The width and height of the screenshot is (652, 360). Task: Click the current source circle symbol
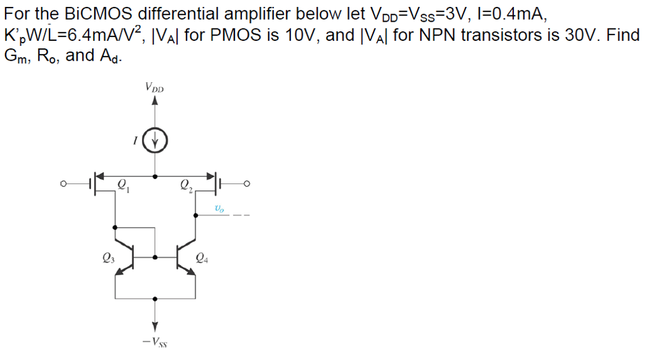click(155, 140)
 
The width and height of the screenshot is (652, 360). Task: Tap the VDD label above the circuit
click(155, 87)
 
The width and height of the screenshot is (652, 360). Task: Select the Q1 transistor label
click(124, 186)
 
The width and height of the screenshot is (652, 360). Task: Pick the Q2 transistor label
click(186, 186)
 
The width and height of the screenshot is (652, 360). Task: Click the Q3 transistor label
click(108, 259)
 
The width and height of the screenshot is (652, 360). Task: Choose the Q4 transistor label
click(202, 259)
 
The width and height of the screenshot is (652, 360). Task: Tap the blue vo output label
click(220, 208)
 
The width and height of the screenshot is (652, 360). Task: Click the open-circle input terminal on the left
click(64, 185)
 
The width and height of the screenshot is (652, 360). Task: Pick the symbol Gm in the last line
click(17, 56)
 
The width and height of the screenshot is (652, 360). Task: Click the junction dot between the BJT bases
click(155, 257)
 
